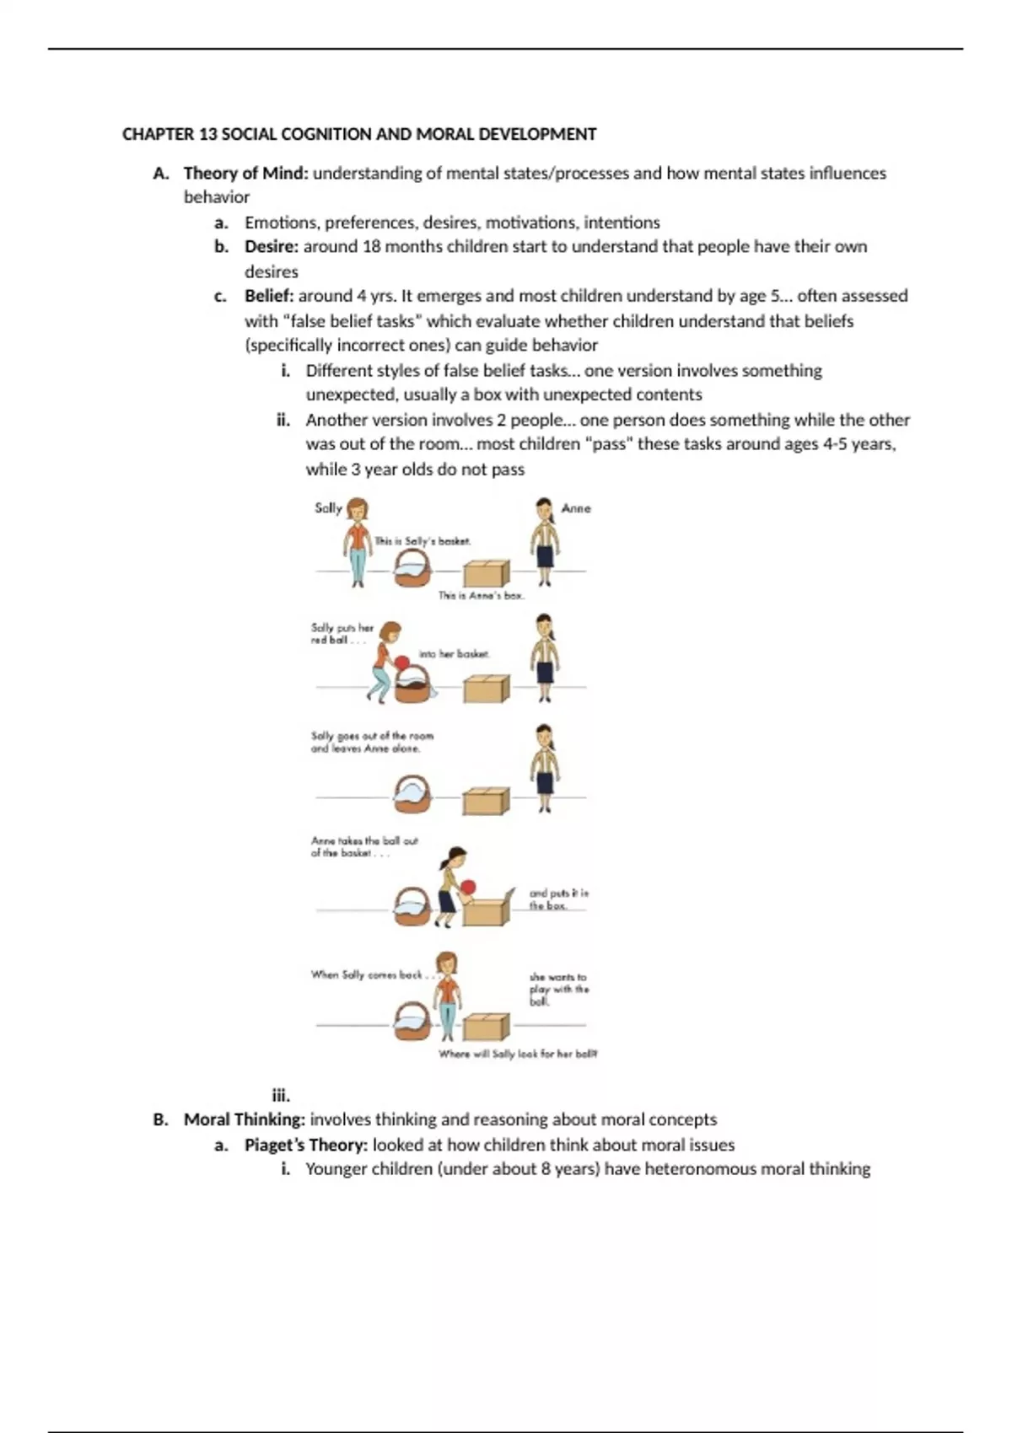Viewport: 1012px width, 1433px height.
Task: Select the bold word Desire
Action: pyautogui.click(x=271, y=247)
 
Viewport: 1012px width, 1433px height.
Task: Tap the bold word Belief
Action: pyautogui.click(x=268, y=296)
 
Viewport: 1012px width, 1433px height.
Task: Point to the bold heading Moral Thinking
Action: pyautogui.click(x=244, y=1119)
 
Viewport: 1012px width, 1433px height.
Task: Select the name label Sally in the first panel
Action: pyautogui.click(x=328, y=507)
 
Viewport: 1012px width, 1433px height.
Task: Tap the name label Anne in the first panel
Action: pyautogui.click(x=576, y=508)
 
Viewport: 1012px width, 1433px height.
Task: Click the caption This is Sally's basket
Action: pyautogui.click(x=423, y=541)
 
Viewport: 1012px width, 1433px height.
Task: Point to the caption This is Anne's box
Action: pyautogui.click(x=481, y=595)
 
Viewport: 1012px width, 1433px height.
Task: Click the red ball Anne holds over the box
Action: pyautogui.click(x=468, y=887)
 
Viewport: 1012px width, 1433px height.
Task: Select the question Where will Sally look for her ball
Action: pyautogui.click(x=517, y=1054)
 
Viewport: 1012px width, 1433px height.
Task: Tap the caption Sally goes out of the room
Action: pyautogui.click(x=371, y=736)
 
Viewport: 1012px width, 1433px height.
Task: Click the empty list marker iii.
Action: pyautogui.click(x=281, y=1096)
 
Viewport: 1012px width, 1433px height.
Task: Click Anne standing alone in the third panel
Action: pyautogui.click(x=545, y=767)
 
